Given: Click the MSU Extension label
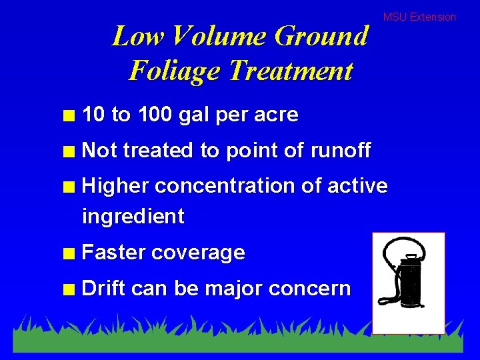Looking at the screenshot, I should pos(419,17).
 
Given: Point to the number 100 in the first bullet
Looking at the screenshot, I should pos(155,115).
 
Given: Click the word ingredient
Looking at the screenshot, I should pos(133,216).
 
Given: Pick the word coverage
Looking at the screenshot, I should pos(198,253).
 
